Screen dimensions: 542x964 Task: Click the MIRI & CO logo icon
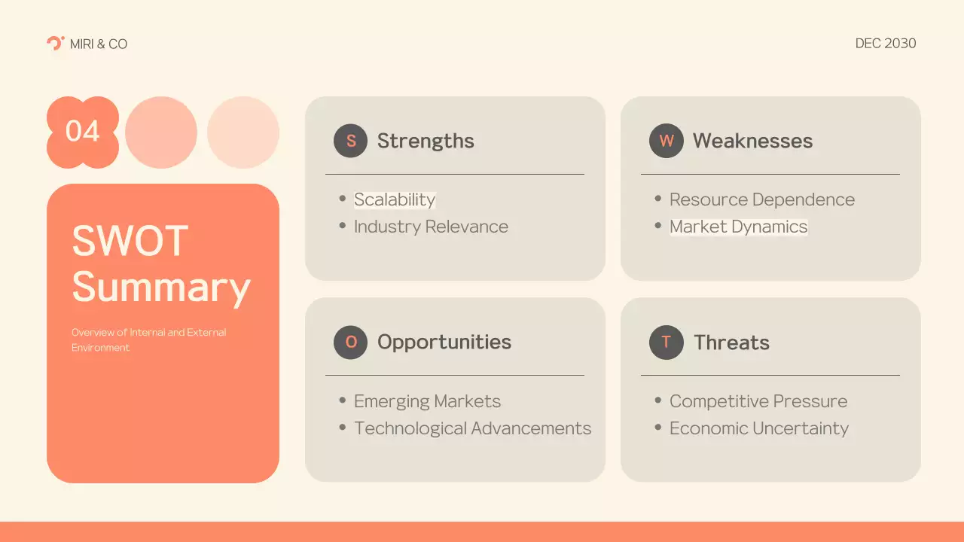pos(55,43)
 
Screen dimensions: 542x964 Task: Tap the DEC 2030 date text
pos(886,44)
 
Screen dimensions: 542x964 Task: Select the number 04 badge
pos(83,132)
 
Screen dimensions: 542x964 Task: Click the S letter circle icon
pos(350,141)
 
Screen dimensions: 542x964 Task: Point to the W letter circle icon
pos(666,141)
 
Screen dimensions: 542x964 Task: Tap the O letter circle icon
pos(350,343)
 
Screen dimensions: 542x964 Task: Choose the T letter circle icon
pos(666,343)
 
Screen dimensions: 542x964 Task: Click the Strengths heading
pos(426,141)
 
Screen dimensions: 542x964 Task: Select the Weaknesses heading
pos(752,141)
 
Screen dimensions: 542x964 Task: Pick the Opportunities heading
pos(444,343)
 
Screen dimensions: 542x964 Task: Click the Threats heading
pos(731,343)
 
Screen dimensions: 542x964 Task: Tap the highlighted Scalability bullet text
pos(395,199)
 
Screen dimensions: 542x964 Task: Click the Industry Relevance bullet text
pos(431,227)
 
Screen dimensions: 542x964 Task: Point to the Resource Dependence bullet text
pos(761,199)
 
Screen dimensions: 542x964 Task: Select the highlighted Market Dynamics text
pos(738,227)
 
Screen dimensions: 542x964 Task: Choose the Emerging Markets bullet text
pos(427,401)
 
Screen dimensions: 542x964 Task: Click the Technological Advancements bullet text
pos(472,428)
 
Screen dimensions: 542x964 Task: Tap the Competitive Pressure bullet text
pos(758,401)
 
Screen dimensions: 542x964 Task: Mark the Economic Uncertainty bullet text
pos(758,428)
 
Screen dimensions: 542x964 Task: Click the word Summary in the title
pos(161,288)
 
